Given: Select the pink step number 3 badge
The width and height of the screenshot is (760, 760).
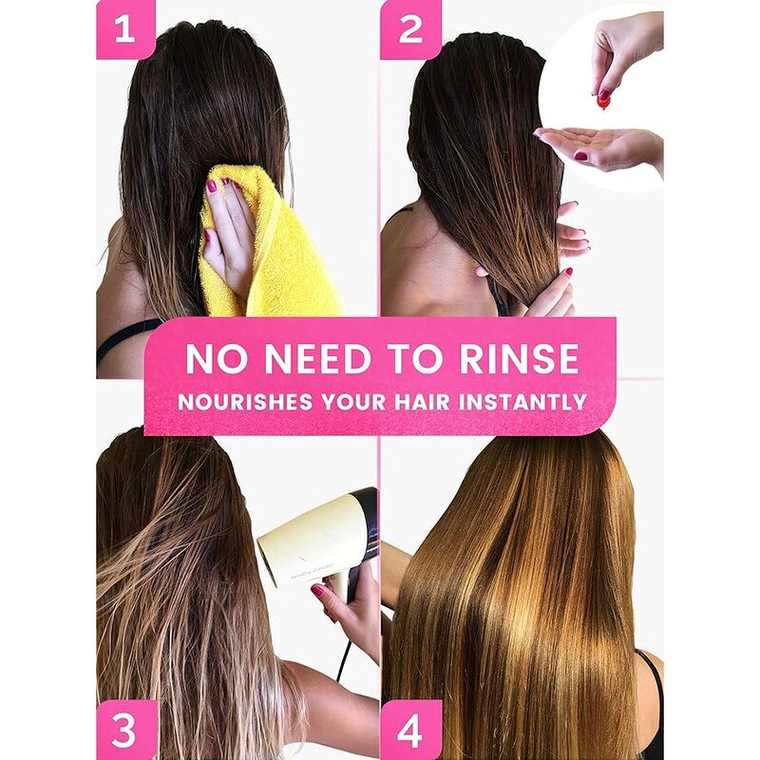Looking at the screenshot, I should [125, 731].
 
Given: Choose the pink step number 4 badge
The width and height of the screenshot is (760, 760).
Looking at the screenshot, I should [410, 731].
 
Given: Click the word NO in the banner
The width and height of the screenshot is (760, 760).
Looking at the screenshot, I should [215, 359].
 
